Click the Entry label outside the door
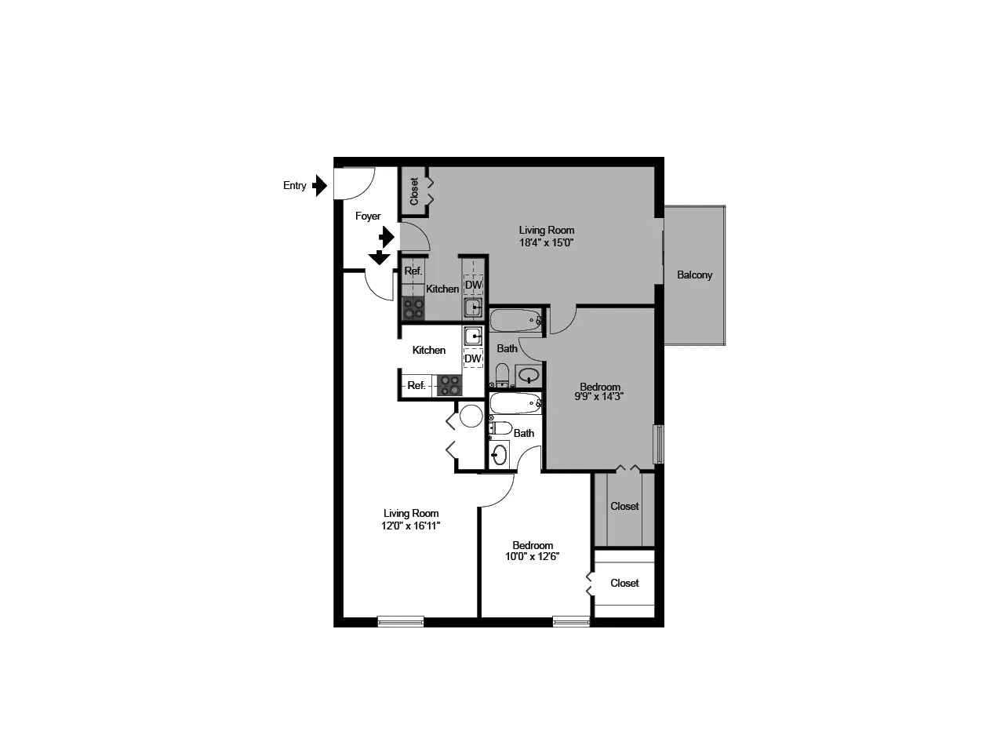point(295,186)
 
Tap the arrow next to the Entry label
point(319,186)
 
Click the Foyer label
point(368,216)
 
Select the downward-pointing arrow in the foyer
point(379,257)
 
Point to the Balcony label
point(694,275)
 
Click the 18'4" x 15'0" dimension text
point(546,243)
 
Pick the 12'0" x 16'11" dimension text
point(410,526)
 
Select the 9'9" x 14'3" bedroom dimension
point(599,396)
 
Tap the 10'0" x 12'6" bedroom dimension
point(533,556)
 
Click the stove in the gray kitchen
point(413,308)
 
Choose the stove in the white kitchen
point(449,385)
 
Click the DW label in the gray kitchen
point(473,285)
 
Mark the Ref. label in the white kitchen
point(417,385)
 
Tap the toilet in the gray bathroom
point(502,374)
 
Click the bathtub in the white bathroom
point(515,403)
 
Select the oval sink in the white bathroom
point(499,455)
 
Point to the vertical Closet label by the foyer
point(414,191)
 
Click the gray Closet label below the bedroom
point(624,506)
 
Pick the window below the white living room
point(401,621)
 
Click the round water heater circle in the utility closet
point(471,416)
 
